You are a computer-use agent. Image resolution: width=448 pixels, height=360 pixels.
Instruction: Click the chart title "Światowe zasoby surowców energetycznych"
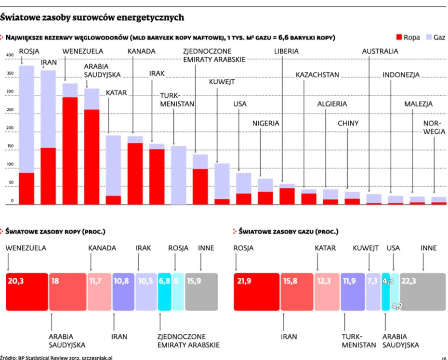(92, 17)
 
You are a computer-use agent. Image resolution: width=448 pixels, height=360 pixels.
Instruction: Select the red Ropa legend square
(398, 37)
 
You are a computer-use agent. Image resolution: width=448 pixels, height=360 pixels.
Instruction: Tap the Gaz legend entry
(434, 37)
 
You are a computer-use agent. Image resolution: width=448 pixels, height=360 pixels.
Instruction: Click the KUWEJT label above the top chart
(222, 82)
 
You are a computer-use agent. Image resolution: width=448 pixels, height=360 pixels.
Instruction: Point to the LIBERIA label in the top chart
(286, 51)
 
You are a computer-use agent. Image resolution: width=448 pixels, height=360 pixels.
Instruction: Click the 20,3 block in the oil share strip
(27, 291)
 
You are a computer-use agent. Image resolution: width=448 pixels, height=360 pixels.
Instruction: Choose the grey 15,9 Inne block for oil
(201, 291)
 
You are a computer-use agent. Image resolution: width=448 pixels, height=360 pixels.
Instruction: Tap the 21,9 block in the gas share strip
(256, 291)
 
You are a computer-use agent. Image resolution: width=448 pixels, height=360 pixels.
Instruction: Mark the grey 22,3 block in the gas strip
(422, 291)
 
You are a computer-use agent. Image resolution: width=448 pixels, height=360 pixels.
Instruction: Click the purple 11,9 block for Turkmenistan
(353, 291)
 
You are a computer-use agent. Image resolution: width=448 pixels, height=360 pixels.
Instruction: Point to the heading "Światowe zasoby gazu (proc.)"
(288, 231)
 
